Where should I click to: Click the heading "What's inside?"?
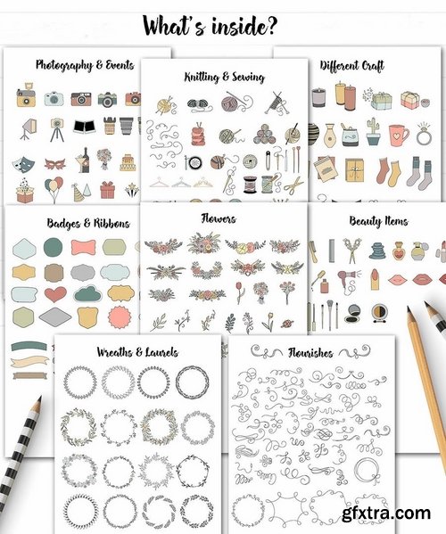tap(223, 24)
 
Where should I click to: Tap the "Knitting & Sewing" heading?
tap(223, 78)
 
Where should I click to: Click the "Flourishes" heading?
tap(308, 353)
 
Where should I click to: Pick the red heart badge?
tap(55, 294)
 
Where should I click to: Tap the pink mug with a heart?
tap(398, 135)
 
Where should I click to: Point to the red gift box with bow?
tap(107, 190)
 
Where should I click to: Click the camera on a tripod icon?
tap(54, 128)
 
